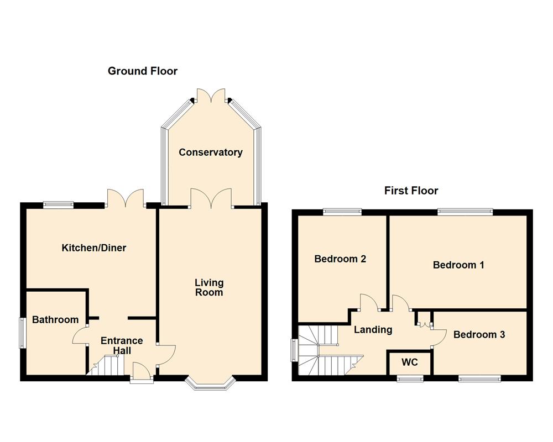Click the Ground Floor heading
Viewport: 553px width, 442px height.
point(142,71)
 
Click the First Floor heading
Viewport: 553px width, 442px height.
point(411,191)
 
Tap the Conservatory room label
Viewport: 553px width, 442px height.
point(210,152)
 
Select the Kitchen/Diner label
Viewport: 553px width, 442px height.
point(93,248)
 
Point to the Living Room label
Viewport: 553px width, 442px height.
point(208,287)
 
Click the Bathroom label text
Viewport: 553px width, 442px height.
point(55,319)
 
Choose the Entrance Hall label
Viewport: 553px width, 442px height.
point(122,345)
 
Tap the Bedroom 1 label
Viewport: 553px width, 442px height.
point(458,265)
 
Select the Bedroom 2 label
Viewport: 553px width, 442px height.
point(340,259)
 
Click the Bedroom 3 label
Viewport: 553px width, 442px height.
point(479,334)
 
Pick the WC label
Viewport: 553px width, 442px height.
point(409,362)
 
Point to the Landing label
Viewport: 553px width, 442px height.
point(373,329)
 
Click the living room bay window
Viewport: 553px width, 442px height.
point(210,383)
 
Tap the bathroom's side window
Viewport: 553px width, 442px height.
point(23,332)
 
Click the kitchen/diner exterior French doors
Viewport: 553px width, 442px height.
point(125,197)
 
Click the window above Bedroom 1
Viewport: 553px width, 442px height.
point(465,211)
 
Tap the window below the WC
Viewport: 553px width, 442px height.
point(410,378)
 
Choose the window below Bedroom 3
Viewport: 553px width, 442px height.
point(479,378)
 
